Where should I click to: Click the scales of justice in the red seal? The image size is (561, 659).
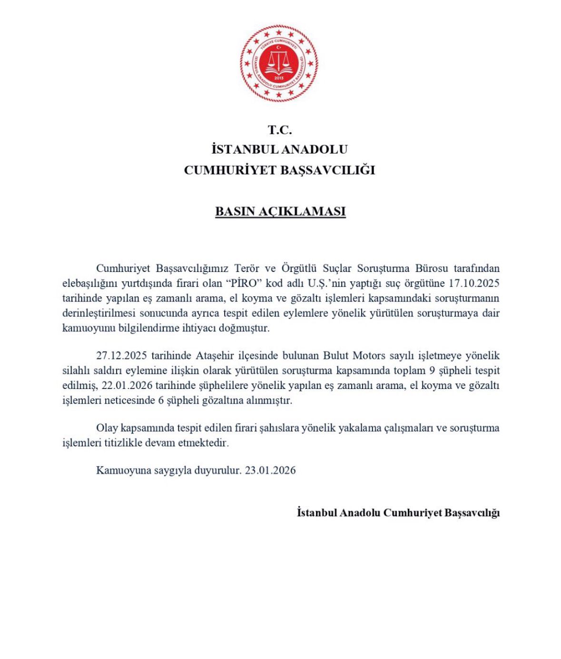click(279, 61)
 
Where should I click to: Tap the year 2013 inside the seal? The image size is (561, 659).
click(279, 78)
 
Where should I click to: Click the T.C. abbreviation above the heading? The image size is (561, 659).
click(280, 130)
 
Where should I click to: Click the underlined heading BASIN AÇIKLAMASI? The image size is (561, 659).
click(280, 212)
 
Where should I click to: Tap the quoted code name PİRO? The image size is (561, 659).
click(245, 283)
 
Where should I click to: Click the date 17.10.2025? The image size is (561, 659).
click(473, 283)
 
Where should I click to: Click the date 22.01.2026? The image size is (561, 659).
click(127, 385)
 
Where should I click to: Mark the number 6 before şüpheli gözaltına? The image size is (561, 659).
click(160, 400)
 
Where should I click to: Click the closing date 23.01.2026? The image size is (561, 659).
click(270, 470)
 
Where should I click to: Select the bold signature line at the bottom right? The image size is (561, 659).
click(398, 513)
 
